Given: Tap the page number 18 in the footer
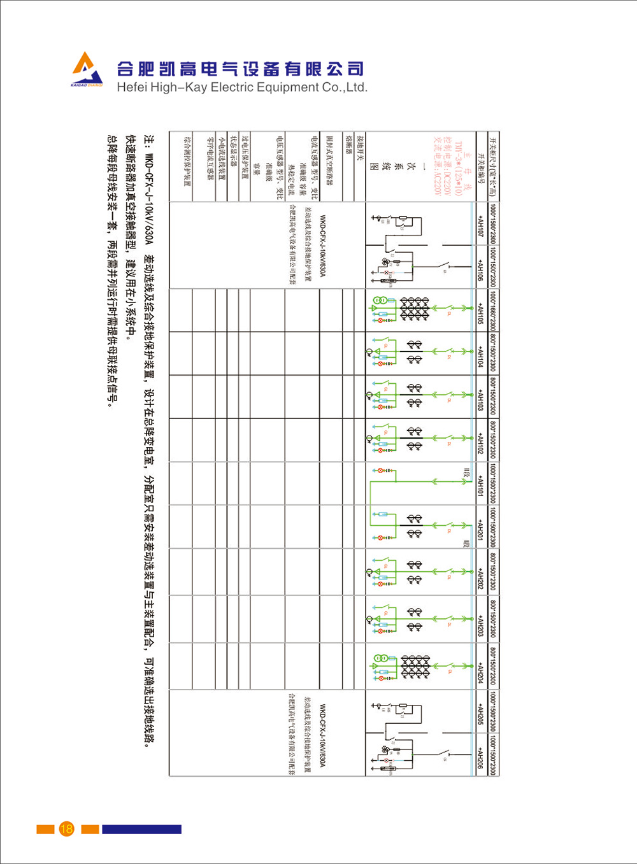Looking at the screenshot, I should pos(66,828).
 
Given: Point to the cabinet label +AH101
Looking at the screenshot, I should pos(480,484).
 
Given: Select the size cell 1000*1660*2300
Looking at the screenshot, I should pos(493,311).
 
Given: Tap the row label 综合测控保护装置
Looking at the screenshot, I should pos(187,159).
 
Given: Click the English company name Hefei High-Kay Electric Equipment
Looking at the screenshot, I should pos(241,88).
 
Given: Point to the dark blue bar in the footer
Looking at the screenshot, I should pos(141,829).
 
